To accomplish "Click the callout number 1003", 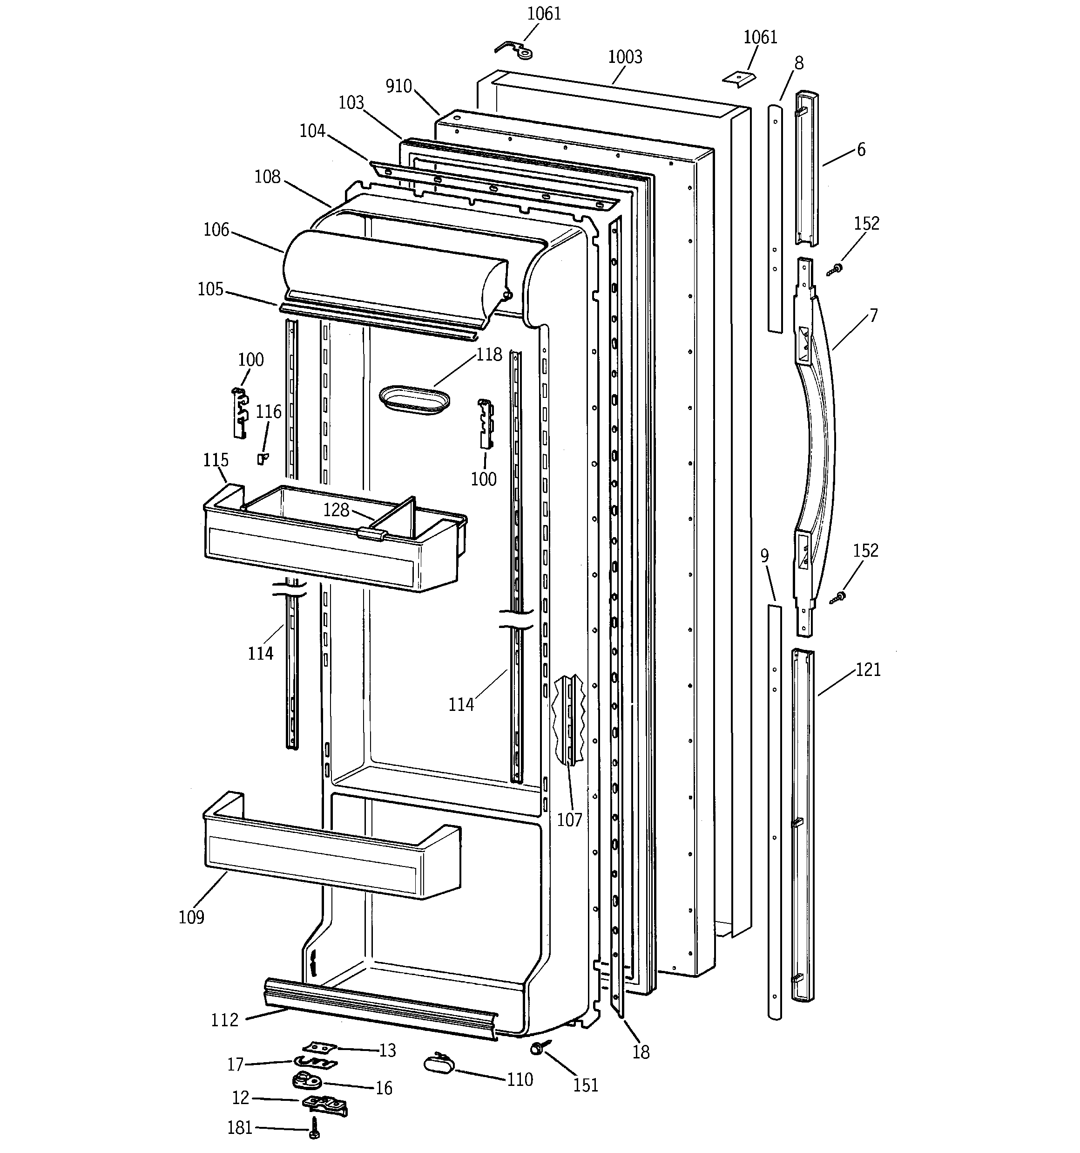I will point(625,57).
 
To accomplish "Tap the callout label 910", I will point(399,87).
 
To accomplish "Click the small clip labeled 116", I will point(263,458).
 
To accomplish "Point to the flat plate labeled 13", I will point(319,1047).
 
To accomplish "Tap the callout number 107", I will point(569,819).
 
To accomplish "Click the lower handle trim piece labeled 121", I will point(802,824).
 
